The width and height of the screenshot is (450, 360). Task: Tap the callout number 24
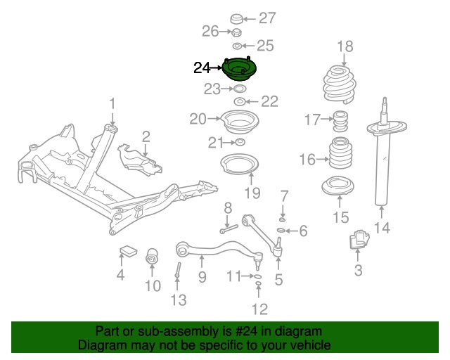click(202, 68)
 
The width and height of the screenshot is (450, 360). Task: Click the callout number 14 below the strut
click(381, 227)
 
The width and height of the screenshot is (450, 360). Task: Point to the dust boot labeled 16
click(340, 160)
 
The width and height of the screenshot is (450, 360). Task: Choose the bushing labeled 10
click(152, 258)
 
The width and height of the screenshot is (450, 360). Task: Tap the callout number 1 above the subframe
click(112, 105)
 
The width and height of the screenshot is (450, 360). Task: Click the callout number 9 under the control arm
click(202, 277)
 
